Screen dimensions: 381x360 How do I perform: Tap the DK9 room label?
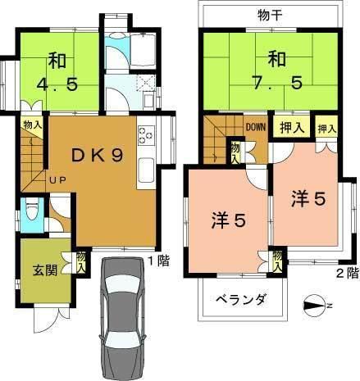97,156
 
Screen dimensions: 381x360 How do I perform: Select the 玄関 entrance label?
44,271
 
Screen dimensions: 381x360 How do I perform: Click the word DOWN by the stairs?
255,127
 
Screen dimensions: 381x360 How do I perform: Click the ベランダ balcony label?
241,300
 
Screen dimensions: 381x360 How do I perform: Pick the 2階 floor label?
345,273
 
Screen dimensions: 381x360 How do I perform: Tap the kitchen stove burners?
146,132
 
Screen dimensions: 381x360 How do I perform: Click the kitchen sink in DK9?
146,170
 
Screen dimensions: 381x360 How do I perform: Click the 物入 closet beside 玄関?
81,261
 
